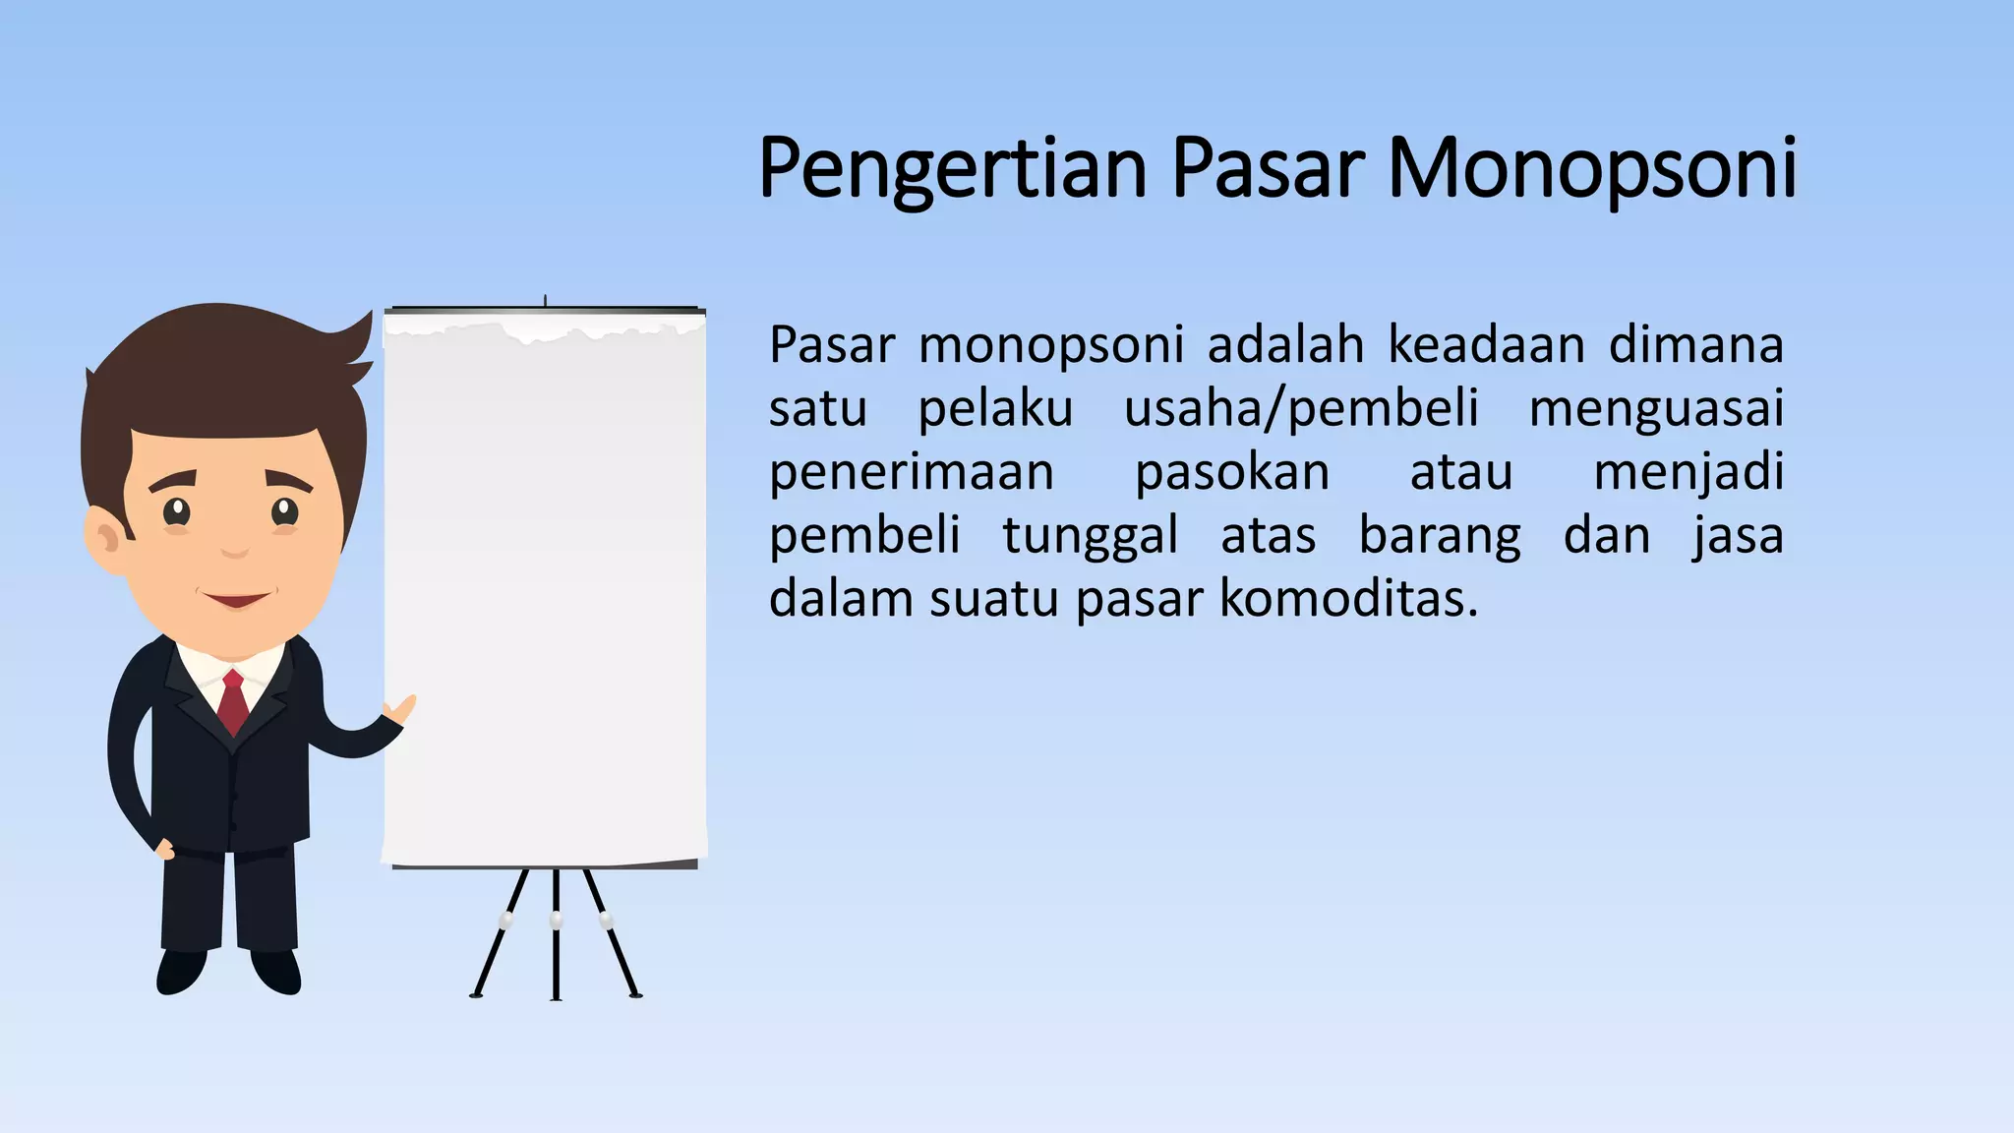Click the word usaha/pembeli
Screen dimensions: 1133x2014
point(1300,409)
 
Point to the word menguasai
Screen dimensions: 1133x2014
point(1656,409)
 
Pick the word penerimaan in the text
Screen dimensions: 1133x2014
point(911,473)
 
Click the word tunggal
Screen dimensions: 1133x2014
point(1090,537)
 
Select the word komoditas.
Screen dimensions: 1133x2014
point(1348,599)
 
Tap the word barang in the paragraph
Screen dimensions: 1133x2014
point(1440,537)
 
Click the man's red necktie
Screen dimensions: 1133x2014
point(233,702)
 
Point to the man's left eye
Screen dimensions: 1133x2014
point(284,511)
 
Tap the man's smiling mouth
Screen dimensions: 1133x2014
point(236,598)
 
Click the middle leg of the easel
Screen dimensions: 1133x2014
point(556,934)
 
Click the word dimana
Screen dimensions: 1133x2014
point(1695,346)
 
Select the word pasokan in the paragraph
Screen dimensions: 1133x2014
point(1232,473)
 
